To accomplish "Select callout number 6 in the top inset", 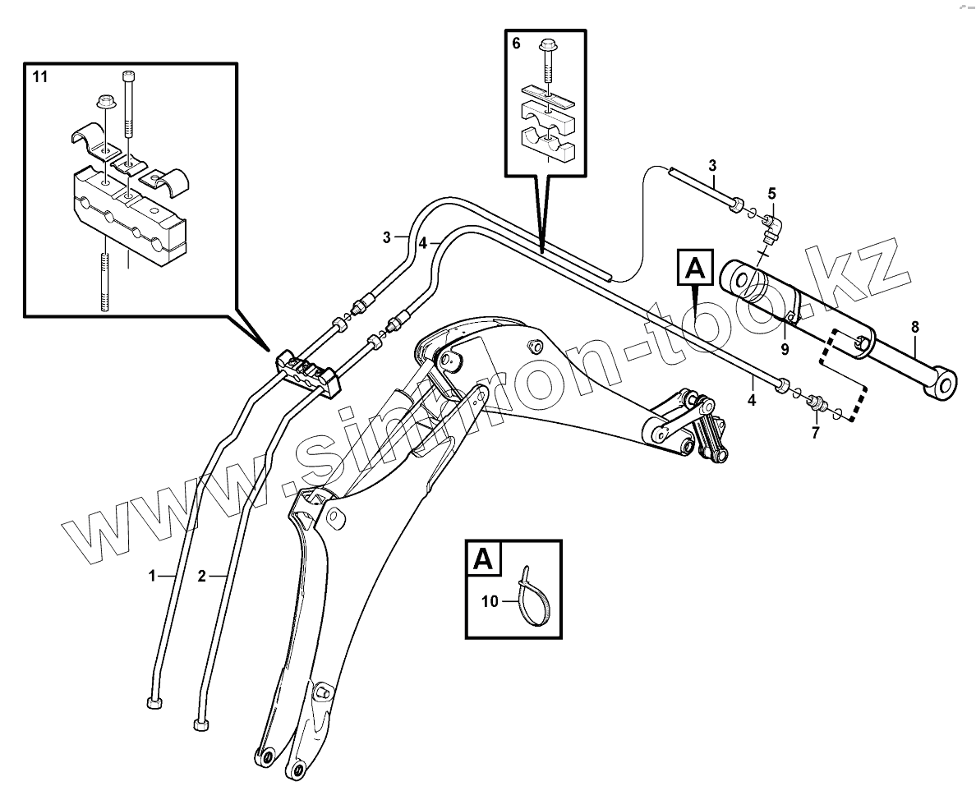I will point(515,43).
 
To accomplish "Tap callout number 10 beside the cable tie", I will point(490,602).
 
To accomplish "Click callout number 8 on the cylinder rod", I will point(915,326).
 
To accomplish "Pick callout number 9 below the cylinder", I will point(785,349).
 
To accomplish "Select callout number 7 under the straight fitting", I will point(815,433).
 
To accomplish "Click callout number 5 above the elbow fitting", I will point(771,194).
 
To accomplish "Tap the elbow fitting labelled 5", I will point(772,228).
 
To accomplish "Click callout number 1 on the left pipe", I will point(151,577).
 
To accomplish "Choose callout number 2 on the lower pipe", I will point(201,577).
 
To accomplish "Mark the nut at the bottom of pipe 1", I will point(153,702).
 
